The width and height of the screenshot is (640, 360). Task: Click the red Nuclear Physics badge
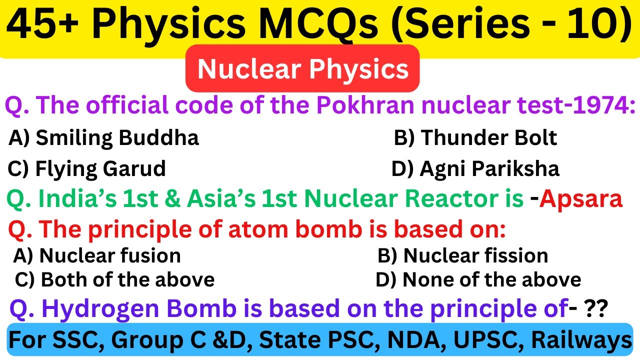[x=302, y=68]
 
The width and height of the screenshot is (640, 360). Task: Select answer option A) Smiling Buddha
[x=103, y=137]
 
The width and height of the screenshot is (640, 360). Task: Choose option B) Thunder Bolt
[x=475, y=137]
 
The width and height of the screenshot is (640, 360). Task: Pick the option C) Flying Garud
[x=86, y=169]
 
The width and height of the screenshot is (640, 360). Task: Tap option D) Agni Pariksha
[x=475, y=169]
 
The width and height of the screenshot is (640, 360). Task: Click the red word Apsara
[x=581, y=199]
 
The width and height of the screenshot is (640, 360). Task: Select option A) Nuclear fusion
[x=96, y=255]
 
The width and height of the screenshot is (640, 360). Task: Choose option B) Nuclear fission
[x=462, y=255]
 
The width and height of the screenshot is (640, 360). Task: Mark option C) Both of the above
[x=114, y=279]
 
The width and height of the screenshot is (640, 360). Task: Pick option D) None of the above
[x=478, y=279]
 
